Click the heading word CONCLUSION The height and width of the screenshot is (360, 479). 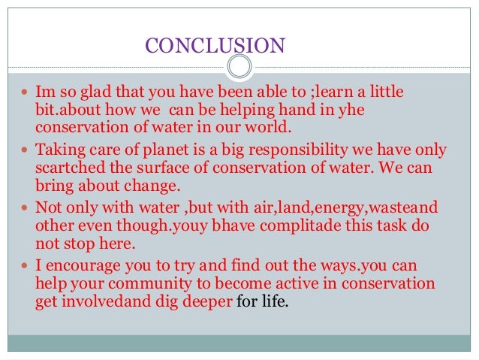pyautogui.click(x=215, y=47)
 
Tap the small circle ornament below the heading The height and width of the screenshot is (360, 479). pyautogui.click(x=239, y=66)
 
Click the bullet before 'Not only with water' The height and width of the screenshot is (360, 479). pyautogui.click(x=27, y=207)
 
